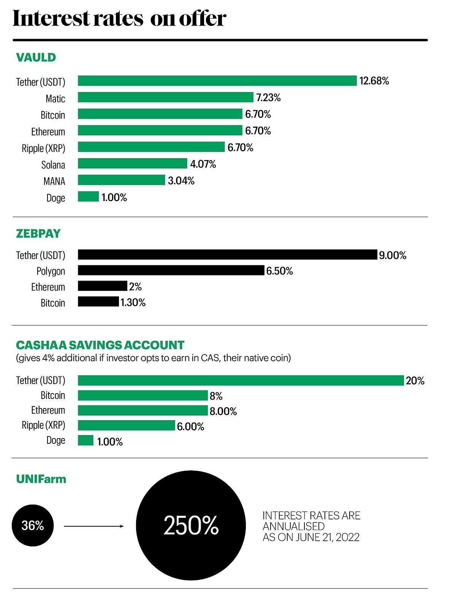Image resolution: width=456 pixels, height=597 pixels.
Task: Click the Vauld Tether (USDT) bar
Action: click(217, 81)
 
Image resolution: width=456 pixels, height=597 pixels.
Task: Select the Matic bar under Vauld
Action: click(165, 97)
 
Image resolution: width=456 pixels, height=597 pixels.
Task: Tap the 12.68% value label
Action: click(374, 81)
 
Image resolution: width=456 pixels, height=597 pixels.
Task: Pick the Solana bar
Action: click(132, 164)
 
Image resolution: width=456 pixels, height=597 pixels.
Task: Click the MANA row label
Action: click(54, 181)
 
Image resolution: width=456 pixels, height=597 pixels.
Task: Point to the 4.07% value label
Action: click(203, 164)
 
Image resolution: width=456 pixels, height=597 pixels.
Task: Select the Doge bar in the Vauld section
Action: click(88, 197)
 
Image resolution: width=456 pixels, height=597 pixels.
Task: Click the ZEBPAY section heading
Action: click(38, 233)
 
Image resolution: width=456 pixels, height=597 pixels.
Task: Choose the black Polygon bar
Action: click(171, 270)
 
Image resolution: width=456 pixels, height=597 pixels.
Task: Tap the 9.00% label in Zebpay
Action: click(393, 255)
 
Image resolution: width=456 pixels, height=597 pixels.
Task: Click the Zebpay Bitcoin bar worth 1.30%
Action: click(98, 302)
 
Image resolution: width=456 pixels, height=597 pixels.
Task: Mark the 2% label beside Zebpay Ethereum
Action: click(135, 286)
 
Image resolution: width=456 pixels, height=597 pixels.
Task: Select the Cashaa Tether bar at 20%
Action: click(241, 380)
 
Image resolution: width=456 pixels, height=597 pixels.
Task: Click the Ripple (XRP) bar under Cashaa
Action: click(126, 426)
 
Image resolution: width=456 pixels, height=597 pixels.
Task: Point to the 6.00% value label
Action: click(190, 426)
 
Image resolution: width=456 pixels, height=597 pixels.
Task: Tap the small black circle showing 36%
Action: click(33, 526)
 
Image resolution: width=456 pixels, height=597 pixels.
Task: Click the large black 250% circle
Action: click(191, 526)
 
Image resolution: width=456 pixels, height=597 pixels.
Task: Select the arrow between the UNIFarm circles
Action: click(93, 526)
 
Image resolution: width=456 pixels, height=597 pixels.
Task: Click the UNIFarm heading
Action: click(41, 479)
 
